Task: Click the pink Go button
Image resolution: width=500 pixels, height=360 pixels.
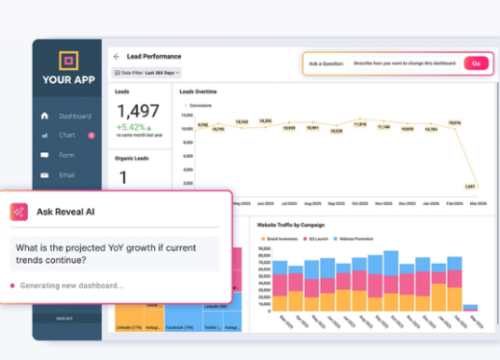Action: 476,63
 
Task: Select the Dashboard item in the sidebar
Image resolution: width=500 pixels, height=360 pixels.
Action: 75,117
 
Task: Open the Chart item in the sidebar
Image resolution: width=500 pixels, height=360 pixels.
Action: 67,135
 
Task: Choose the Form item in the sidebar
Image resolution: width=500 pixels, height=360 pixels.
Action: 66,155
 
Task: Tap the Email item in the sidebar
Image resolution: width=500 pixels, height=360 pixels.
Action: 67,174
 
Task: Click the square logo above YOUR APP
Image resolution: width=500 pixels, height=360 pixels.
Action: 69,62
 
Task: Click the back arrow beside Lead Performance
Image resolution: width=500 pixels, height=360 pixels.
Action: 117,56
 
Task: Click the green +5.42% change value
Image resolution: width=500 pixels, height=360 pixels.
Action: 132,128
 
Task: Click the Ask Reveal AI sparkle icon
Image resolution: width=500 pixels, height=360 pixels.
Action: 19,212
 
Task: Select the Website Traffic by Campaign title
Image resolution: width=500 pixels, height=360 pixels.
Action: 292,224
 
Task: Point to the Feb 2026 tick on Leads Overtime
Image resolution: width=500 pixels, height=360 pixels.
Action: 452,202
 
